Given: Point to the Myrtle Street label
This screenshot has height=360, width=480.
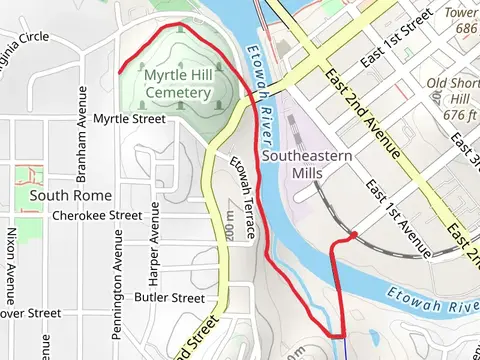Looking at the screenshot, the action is point(128,119).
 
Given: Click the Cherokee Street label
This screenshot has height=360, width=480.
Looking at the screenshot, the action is point(97,215).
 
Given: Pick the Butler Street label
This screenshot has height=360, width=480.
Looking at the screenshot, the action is point(169,297).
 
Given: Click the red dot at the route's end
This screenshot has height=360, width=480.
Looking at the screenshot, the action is point(354,236).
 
